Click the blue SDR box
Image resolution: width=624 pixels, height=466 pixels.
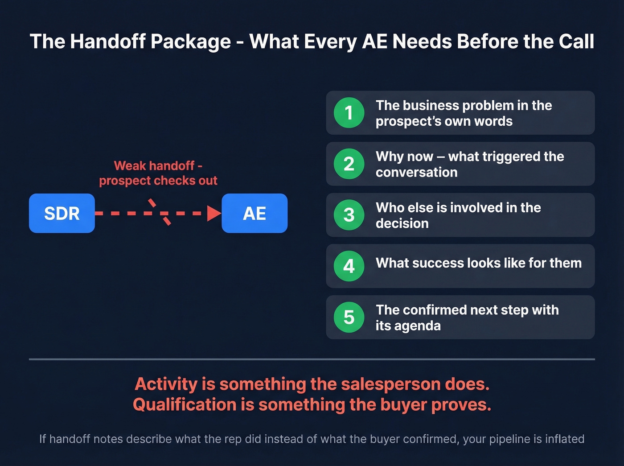[62, 213]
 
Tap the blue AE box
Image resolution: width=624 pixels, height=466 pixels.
[255, 213]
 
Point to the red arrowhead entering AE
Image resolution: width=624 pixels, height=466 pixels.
[214, 213]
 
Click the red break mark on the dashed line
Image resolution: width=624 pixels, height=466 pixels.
[160, 212]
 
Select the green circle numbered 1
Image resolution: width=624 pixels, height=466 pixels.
[349, 112]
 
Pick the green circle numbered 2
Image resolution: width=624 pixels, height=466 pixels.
[349, 164]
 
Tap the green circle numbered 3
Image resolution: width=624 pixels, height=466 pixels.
[349, 215]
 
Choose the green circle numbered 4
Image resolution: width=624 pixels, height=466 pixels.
[349, 266]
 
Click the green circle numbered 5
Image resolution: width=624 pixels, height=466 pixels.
[349, 317]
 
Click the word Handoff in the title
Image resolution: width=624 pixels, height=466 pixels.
[106, 41]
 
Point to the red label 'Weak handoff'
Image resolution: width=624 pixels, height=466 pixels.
[154, 166]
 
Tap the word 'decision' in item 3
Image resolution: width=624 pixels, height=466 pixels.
[402, 223]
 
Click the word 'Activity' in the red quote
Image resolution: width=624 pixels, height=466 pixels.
[166, 384]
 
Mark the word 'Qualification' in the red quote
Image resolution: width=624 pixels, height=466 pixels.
[185, 405]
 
